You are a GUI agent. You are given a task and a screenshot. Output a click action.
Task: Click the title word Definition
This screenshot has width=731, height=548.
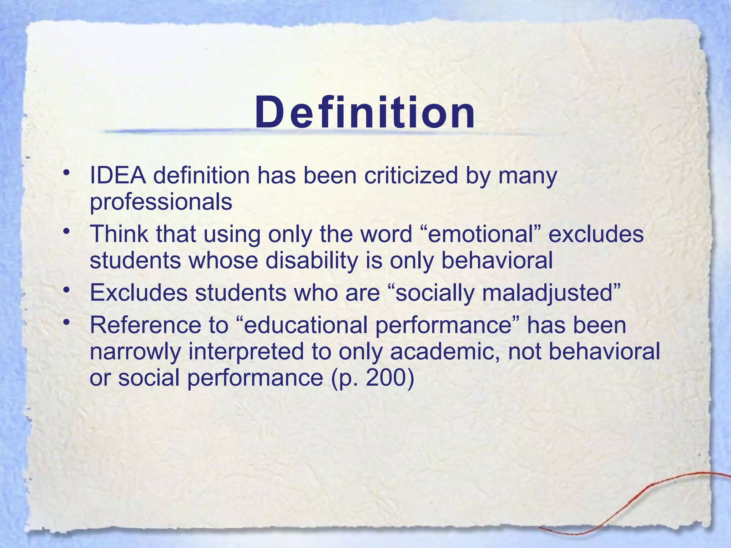365,113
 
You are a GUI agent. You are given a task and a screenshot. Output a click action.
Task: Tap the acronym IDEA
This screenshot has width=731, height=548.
118,176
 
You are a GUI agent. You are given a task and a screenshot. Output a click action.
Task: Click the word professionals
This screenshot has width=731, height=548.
161,202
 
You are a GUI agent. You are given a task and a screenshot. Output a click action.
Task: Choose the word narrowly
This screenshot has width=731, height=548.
135,351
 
